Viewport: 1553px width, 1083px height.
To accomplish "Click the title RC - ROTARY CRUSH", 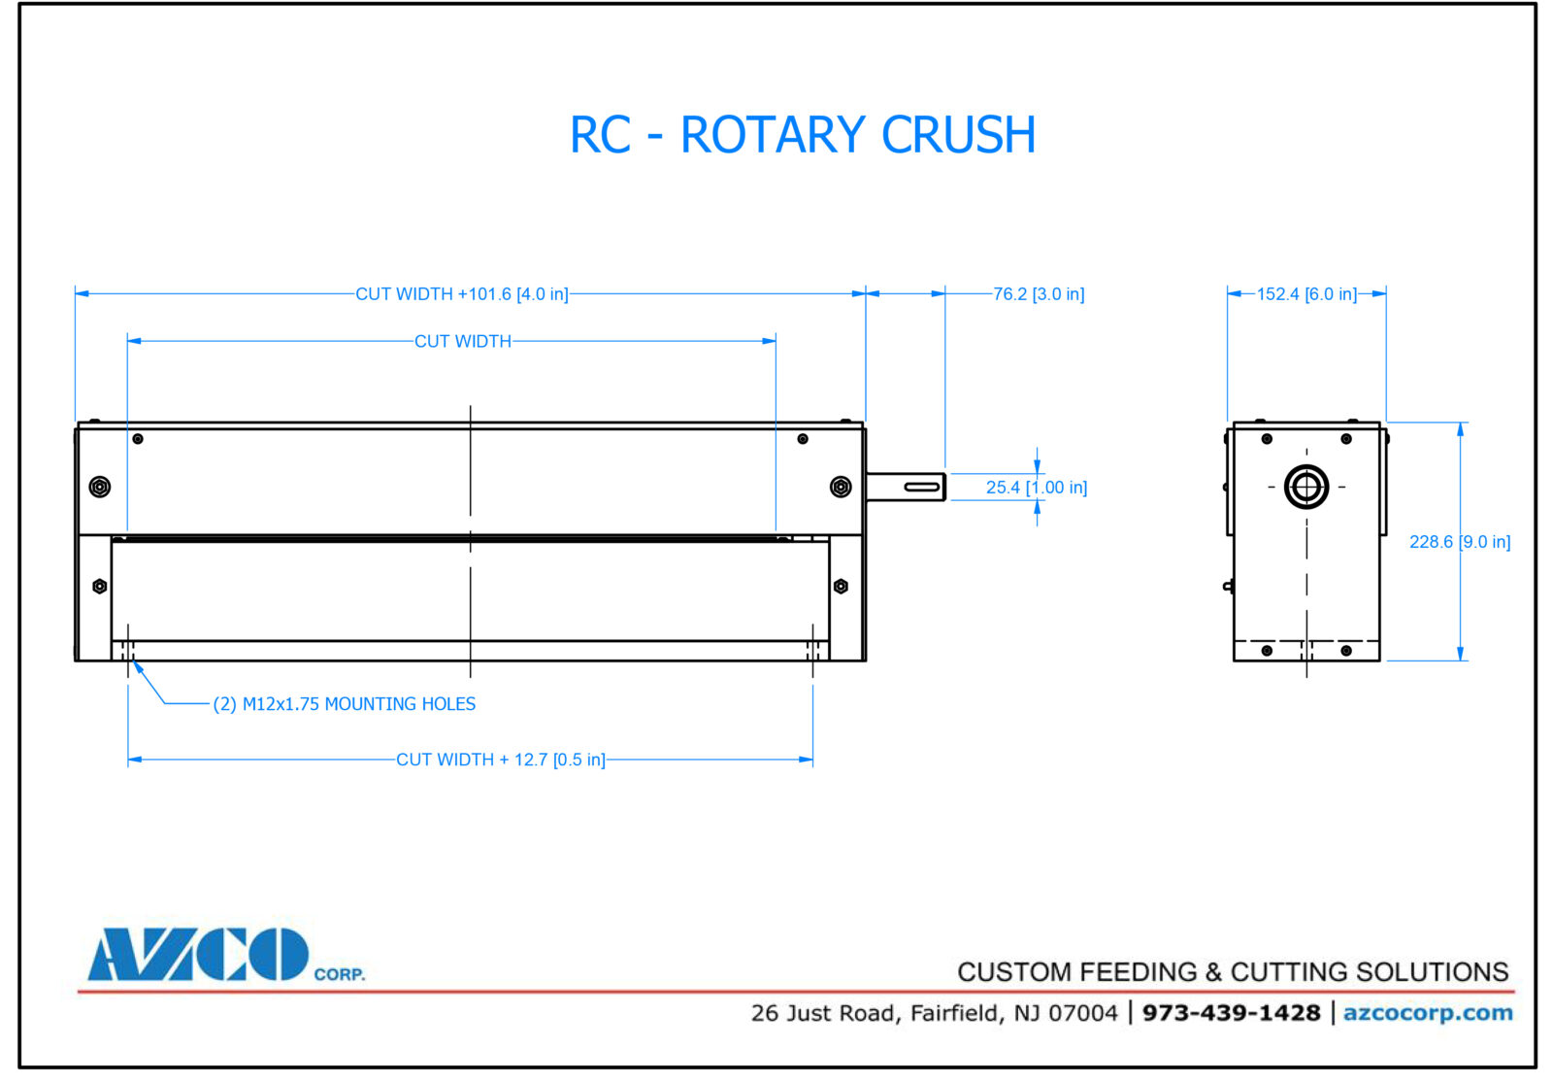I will [x=803, y=135].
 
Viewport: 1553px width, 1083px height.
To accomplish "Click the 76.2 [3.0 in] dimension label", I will [x=1038, y=293].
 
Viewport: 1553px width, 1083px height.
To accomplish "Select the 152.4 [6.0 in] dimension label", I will [x=1305, y=293].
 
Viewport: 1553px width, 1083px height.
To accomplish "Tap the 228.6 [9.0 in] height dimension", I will [x=1459, y=542].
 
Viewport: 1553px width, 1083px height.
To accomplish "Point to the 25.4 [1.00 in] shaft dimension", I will [x=1036, y=487].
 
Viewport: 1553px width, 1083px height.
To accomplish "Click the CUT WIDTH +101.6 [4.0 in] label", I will [x=461, y=293].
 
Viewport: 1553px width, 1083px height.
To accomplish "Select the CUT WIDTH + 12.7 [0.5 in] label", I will [x=500, y=760].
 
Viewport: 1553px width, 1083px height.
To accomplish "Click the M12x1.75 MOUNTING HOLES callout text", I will [x=345, y=704].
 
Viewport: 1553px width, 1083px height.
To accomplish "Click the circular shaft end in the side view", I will [x=1305, y=487].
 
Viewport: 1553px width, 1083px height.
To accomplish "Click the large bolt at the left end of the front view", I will [x=99, y=487].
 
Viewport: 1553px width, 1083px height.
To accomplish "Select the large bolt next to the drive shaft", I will [x=841, y=487].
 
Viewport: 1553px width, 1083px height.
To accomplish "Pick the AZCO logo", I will [x=199, y=955].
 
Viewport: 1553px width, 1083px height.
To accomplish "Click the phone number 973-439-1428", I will [x=1231, y=1013].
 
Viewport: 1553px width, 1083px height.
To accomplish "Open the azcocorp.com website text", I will [x=1427, y=1013].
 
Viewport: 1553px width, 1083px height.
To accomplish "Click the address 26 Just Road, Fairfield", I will [x=934, y=1013].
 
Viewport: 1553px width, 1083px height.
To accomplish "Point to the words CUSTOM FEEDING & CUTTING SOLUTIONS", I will [x=1233, y=971].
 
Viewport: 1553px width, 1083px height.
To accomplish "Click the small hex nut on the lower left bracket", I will [x=99, y=586].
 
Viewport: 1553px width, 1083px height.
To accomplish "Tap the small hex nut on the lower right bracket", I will [x=841, y=586].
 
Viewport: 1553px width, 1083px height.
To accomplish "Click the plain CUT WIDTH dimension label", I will [x=462, y=341].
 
